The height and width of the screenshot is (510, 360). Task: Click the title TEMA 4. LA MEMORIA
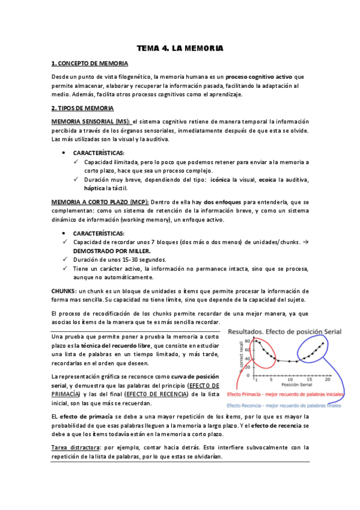click(x=180, y=48)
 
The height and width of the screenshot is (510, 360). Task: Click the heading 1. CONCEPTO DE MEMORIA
click(x=90, y=63)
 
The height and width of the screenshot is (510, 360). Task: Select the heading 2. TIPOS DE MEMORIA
click(x=82, y=108)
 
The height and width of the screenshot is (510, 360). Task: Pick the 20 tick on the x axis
click(x=328, y=380)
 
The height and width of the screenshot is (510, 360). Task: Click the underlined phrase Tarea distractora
click(x=75, y=447)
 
